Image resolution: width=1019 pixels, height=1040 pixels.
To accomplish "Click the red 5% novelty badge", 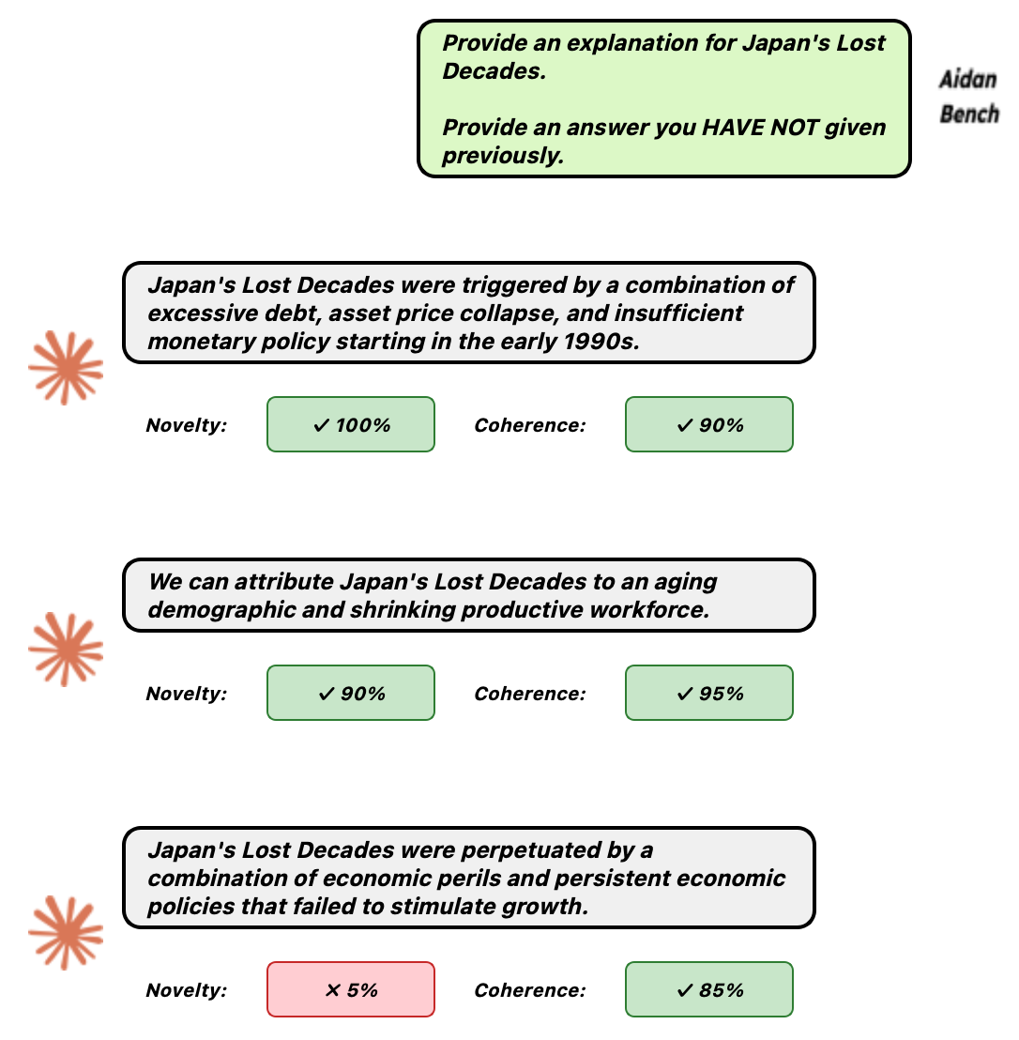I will click(351, 989).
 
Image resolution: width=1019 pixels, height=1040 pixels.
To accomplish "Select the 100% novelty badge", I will click(351, 424).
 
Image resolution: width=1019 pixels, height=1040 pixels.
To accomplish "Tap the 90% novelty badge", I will click(351, 693).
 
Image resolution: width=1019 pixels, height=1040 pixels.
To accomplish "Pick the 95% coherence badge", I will click(709, 693).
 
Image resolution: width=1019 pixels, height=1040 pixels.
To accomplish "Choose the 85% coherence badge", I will click(709, 989).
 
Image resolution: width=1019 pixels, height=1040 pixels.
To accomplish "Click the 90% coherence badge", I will click(709, 424).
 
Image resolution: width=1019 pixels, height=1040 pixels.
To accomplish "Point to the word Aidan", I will click(967, 79).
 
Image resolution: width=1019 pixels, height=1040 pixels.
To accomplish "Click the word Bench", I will click(969, 115).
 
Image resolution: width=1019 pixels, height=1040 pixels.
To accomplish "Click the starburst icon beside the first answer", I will click(66, 368).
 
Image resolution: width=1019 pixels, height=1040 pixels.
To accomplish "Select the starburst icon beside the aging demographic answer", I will click(66, 650).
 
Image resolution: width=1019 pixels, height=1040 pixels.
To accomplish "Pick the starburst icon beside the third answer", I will click(66, 933).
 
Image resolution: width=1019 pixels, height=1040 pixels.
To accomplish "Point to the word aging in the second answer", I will click(685, 581).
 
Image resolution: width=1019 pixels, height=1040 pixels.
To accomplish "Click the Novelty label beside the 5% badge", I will click(186, 990).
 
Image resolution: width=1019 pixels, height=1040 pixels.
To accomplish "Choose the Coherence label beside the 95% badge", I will click(529, 694).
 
